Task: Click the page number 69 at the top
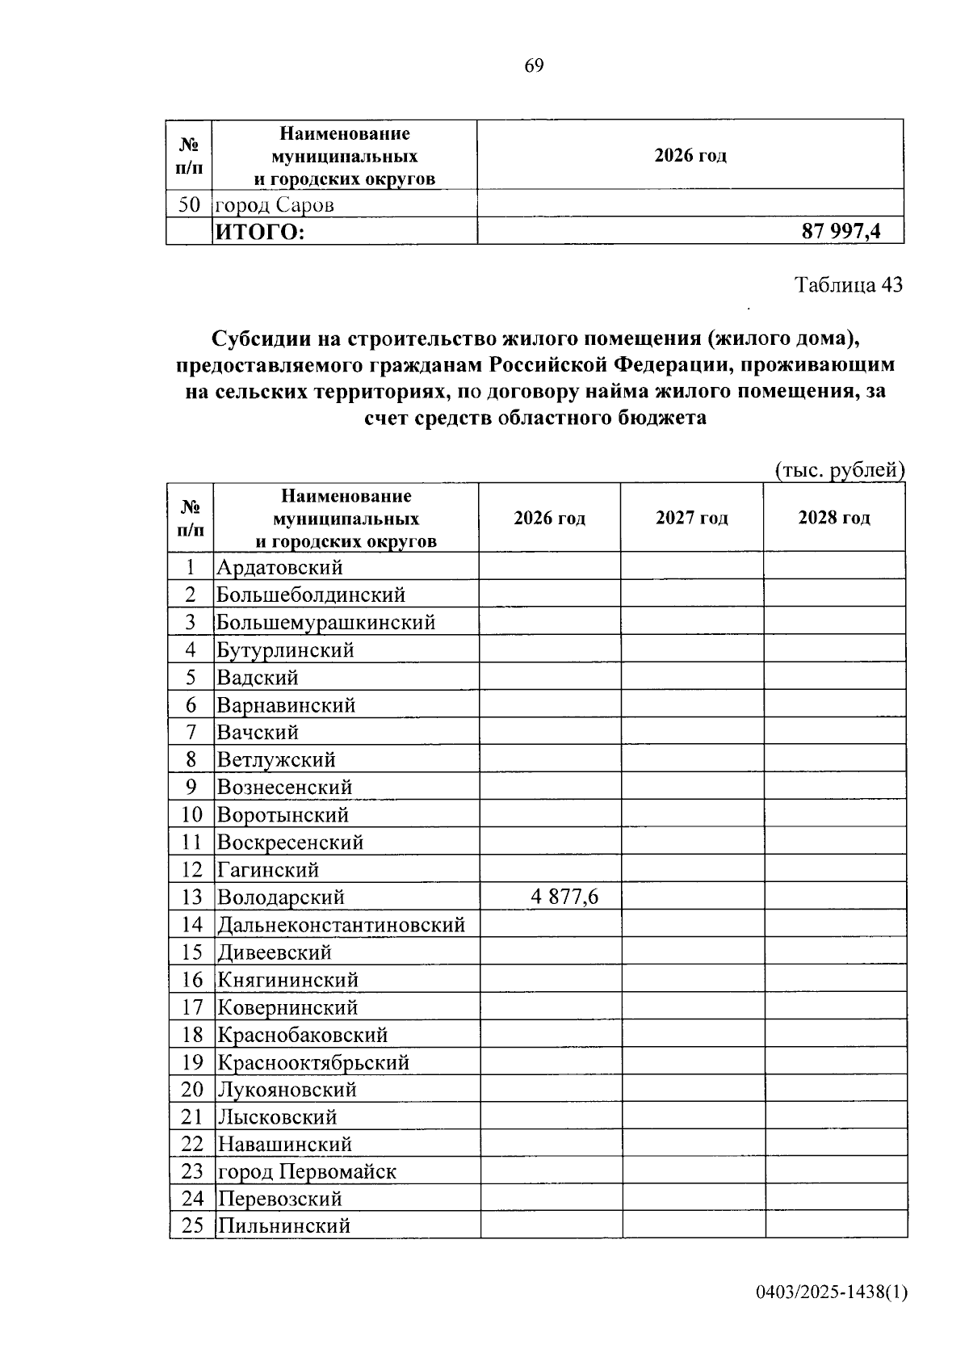click(x=534, y=65)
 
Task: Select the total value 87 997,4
click(x=841, y=232)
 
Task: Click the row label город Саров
click(x=275, y=205)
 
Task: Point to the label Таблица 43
click(x=848, y=285)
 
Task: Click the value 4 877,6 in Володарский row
click(x=564, y=897)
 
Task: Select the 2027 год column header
click(x=691, y=518)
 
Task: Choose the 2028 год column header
click(x=834, y=518)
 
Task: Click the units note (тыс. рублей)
click(x=839, y=470)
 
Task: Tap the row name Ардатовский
click(x=279, y=567)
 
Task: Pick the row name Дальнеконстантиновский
click(x=341, y=924)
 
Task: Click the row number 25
click(x=192, y=1225)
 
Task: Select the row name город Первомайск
click(x=307, y=1171)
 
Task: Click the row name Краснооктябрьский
click(x=313, y=1061)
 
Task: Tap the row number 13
click(x=192, y=897)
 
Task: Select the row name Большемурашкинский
click(x=326, y=622)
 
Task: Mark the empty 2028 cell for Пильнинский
click(x=836, y=1225)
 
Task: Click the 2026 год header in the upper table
click(x=690, y=155)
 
